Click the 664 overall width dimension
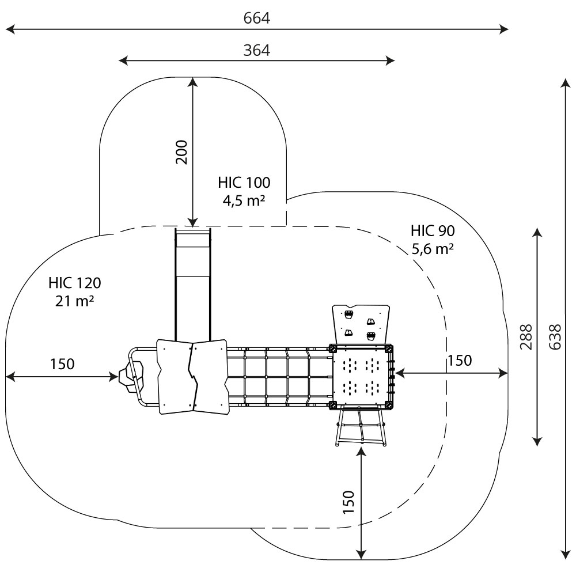pos(256,18)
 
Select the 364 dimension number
pos(256,50)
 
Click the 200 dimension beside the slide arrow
pos(182,152)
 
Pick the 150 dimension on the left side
pos(62,364)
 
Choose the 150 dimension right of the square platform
pos(460,361)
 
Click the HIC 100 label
pos(244,183)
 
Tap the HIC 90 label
pos(433,231)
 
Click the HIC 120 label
pos(75,282)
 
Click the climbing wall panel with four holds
pos(360,324)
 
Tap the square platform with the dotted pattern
pos(362,376)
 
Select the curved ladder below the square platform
pos(361,427)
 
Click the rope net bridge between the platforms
pos(279,376)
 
